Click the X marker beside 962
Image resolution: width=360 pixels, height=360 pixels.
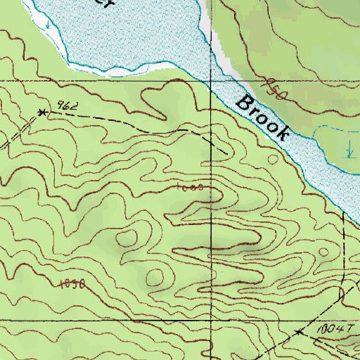[43, 112]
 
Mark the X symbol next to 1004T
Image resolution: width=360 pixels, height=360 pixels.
[298, 331]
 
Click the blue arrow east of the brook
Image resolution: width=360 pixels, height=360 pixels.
[349, 148]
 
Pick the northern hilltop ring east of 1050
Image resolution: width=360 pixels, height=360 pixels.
[127, 239]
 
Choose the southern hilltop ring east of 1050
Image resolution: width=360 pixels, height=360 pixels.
[155, 276]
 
